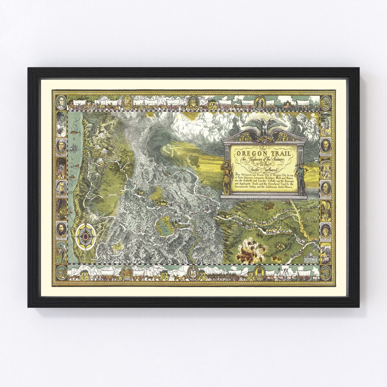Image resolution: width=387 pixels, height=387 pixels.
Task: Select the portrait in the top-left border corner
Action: tap(61, 102)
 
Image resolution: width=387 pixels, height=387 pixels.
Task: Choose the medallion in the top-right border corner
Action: tap(325, 102)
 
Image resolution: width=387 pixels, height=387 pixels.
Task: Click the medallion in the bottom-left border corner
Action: tap(61, 272)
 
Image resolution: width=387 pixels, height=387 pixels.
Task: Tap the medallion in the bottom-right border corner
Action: tap(325, 272)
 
